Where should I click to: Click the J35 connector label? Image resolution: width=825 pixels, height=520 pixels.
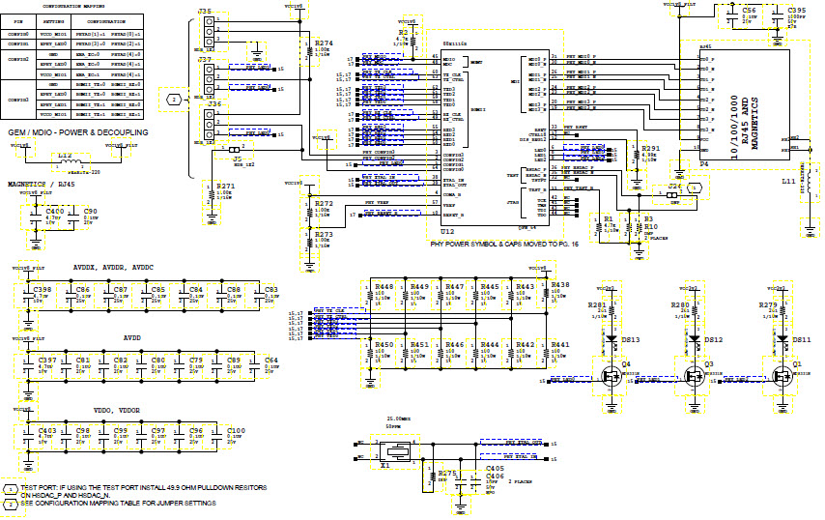point(205,11)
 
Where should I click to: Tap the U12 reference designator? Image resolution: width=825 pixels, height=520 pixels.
point(445,232)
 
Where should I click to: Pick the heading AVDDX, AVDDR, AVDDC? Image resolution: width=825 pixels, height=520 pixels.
point(113,268)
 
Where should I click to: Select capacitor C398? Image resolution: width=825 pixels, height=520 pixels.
point(43,289)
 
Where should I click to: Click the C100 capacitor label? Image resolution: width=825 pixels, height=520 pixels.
point(235,429)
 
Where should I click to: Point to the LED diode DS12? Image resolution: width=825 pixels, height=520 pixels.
point(713,340)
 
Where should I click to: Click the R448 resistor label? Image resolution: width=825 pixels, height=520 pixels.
point(384,287)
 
